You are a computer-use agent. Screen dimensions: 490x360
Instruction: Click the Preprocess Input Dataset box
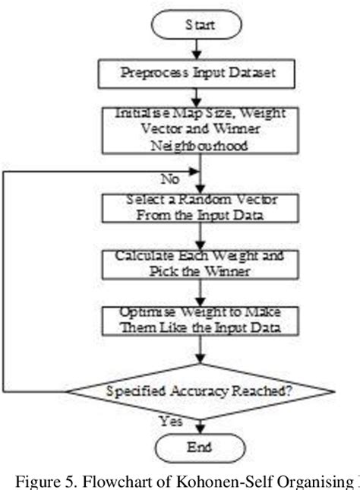click(x=199, y=74)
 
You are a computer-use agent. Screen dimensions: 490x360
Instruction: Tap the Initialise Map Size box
click(x=199, y=130)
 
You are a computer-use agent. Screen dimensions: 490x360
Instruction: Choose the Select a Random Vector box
click(x=199, y=207)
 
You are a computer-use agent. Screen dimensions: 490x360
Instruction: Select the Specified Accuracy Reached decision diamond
click(x=199, y=392)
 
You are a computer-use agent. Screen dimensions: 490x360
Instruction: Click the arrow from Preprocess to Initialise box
click(x=199, y=98)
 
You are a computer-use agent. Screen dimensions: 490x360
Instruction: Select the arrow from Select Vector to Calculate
click(x=199, y=235)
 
